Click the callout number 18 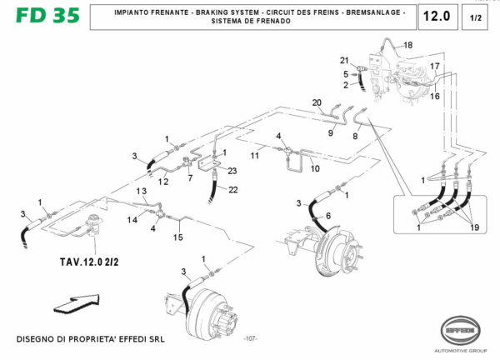click(407, 44)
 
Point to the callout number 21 click(344, 61)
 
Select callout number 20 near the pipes click(317, 102)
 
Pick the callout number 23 click(232, 171)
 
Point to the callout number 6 click(327, 216)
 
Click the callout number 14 click(132, 219)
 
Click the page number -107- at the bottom click(249, 340)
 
